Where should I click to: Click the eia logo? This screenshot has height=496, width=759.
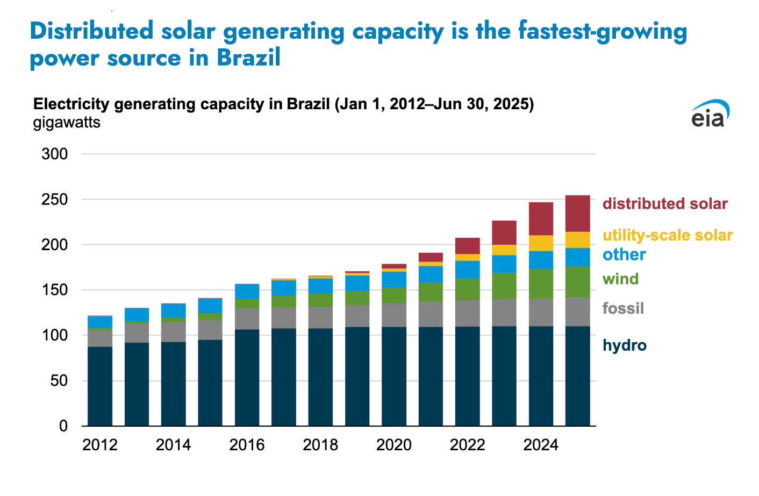(x=710, y=114)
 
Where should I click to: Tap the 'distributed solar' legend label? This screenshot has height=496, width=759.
(x=665, y=204)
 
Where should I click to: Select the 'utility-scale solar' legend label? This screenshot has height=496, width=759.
(x=668, y=236)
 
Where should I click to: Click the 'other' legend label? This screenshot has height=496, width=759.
(x=624, y=255)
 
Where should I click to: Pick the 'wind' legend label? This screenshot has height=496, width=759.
(x=621, y=279)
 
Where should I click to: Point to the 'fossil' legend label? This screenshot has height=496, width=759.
(x=623, y=309)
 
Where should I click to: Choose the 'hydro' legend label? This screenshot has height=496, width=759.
(x=625, y=345)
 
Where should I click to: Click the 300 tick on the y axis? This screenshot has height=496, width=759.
(x=55, y=154)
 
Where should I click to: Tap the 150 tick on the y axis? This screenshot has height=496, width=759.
(x=55, y=290)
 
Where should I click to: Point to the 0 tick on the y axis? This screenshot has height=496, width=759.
(x=63, y=426)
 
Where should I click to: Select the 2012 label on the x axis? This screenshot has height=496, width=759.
(x=100, y=445)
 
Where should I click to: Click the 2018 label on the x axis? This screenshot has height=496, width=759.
(x=320, y=445)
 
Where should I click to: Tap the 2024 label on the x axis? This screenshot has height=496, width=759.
(x=541, y=445)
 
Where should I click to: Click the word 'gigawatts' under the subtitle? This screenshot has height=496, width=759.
(x=67, y=123)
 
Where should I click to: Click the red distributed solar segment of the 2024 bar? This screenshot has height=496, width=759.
(x=541, y=219)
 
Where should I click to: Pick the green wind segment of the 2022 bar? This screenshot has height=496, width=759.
(x=467, y=289)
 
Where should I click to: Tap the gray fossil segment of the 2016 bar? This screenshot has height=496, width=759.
(x=247, y=319)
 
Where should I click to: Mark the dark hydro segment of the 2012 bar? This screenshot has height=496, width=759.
(x=100, y=386)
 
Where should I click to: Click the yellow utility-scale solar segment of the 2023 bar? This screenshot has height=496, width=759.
(x=504, y=250)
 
